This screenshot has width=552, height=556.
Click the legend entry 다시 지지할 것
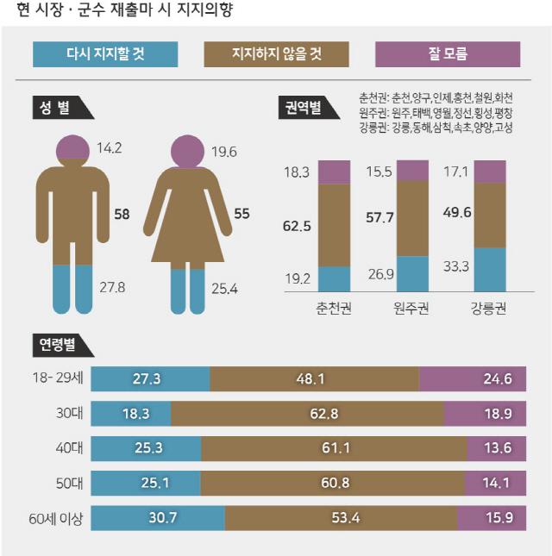(105, 54)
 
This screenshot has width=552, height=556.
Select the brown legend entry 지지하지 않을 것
(276, 54)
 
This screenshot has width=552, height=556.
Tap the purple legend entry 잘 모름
(448, 54)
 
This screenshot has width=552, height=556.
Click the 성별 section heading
(56, 107)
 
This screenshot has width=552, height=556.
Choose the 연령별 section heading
(59, 343)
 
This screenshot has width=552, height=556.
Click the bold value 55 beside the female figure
(241, 212)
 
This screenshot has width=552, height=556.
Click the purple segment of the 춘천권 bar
(334, 172)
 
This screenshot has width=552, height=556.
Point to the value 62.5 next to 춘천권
(297, 226)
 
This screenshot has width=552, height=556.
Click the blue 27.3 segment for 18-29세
(150, 378)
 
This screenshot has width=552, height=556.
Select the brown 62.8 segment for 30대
(307, 414)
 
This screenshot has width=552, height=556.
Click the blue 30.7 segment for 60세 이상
(158, 517)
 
